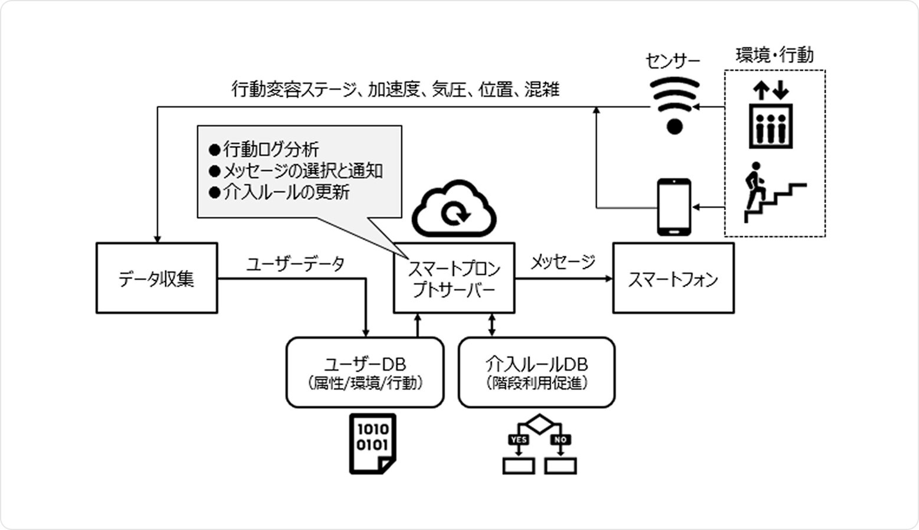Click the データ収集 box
point(156,278)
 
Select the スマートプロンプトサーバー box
point(454,278)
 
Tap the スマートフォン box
point(673,278)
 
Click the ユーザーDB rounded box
point(365,372)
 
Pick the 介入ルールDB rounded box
point(536,372)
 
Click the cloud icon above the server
point(454,209)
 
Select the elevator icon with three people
point(770,126)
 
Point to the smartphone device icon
point(674,207)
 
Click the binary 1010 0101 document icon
point(372,444)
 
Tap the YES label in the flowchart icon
point(518,440)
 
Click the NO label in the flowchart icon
point(560,440)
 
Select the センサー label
point(672,61)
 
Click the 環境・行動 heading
point(774,55)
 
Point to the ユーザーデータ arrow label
point(296,264)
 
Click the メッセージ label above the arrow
point(563,261)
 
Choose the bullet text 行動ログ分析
point(270,149)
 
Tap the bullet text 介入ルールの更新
point(285,192)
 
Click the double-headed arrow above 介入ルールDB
point(492,325)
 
